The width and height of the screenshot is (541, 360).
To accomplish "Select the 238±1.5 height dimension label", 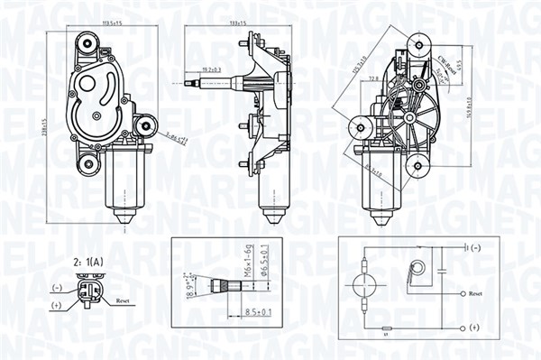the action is coord(46,123).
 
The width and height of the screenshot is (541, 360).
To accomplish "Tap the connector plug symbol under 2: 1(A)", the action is coord(87,293).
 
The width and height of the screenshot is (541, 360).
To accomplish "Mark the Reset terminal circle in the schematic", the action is coord(460,294).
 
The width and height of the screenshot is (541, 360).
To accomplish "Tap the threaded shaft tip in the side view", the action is coord(194,87).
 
